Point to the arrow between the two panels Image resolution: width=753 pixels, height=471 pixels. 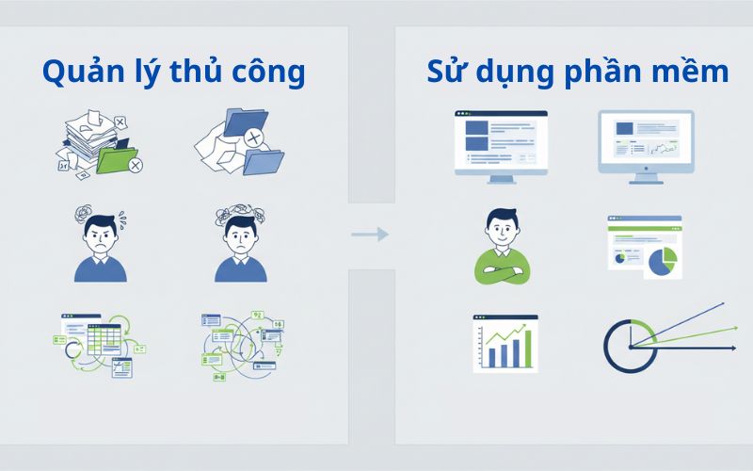point(370,234)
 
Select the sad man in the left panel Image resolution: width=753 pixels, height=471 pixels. point(240,247)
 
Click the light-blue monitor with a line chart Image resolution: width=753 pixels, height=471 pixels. point(646,143)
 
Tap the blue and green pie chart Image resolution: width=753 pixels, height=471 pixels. point(663,262)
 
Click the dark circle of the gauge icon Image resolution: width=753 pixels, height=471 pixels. point(626,346)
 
